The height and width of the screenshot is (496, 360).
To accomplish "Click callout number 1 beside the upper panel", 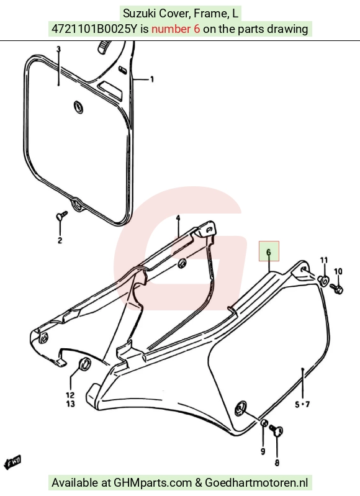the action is point(152,79).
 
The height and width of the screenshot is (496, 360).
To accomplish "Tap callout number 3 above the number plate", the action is point(58,49).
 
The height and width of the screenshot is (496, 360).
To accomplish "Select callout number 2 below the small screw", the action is point(60,240).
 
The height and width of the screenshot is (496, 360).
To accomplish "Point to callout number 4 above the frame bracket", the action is point(178,218).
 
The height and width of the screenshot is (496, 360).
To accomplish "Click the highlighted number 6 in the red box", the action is point(269,252).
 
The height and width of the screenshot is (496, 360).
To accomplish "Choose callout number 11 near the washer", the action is point(324,260).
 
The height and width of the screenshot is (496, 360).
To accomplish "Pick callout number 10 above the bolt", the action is point(338,271).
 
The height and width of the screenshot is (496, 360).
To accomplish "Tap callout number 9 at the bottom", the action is point(263,451).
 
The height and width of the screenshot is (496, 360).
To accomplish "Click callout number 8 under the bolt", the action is point(277,462).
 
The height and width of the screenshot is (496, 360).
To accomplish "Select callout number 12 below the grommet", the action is point(70,395).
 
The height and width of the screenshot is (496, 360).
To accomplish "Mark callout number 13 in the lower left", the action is point(70,404).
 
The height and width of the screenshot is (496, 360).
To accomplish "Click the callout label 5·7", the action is point(302,404).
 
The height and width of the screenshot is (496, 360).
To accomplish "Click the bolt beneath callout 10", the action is point(336,288).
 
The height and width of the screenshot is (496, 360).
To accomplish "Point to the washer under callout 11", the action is point(323,281).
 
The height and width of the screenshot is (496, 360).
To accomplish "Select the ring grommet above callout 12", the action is point(84,364).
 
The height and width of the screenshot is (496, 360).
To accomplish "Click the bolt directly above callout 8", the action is point(276,430).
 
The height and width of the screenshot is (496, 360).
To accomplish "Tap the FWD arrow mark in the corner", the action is point(12,462).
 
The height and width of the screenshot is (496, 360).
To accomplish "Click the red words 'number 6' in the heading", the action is point(176,29).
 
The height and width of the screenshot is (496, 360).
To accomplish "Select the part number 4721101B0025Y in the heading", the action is point(94,29).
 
